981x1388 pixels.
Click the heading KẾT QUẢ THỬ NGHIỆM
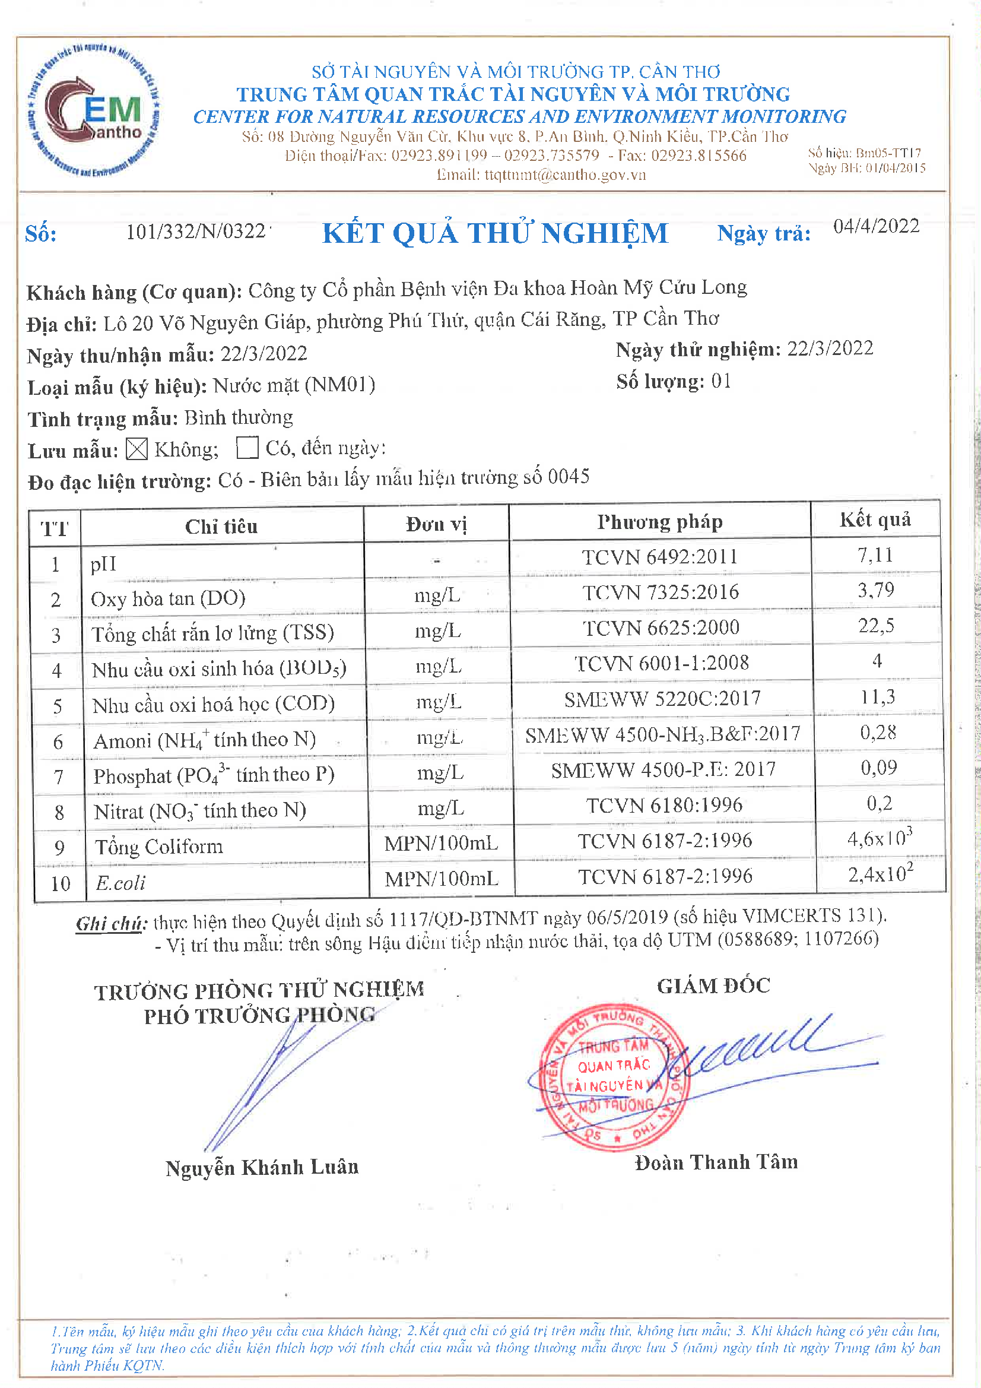coord(496,233)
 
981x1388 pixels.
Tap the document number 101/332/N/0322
coord(196,232)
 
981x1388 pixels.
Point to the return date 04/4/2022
coord(876,227)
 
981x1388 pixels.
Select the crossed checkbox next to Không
coord(136,449)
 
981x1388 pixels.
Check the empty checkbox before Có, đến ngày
coord(247,448)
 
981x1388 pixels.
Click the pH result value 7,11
coord(875,555)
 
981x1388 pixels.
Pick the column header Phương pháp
coord(659,522)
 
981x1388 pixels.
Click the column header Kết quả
coord(875,519)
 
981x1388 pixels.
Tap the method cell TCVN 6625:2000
coord(661,628)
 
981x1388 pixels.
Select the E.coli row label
coord(121,883)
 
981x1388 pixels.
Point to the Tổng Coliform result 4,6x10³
coord(880,838)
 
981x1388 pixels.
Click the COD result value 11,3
coord(878,697)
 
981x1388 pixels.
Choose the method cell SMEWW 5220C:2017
coord(662,699)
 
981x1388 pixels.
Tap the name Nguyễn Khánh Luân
coord(262,1167)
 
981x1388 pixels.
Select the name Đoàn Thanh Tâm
coord(716,1162)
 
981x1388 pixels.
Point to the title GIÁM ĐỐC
coord(714,986)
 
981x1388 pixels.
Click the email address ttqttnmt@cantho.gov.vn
coord(541,175)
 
